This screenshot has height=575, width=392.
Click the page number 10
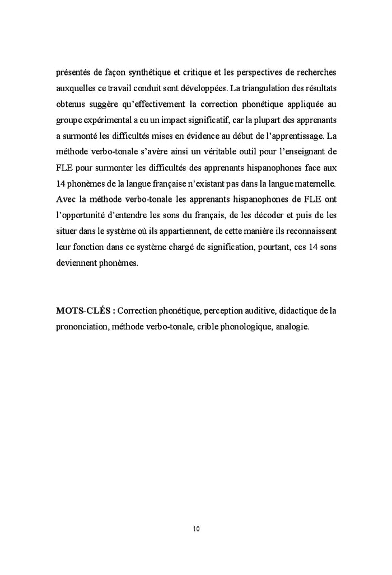click(196, 528)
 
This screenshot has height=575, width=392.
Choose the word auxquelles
click(76, 88)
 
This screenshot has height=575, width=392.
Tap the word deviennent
click(78, 262)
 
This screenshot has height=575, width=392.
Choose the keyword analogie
click(292, 326)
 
